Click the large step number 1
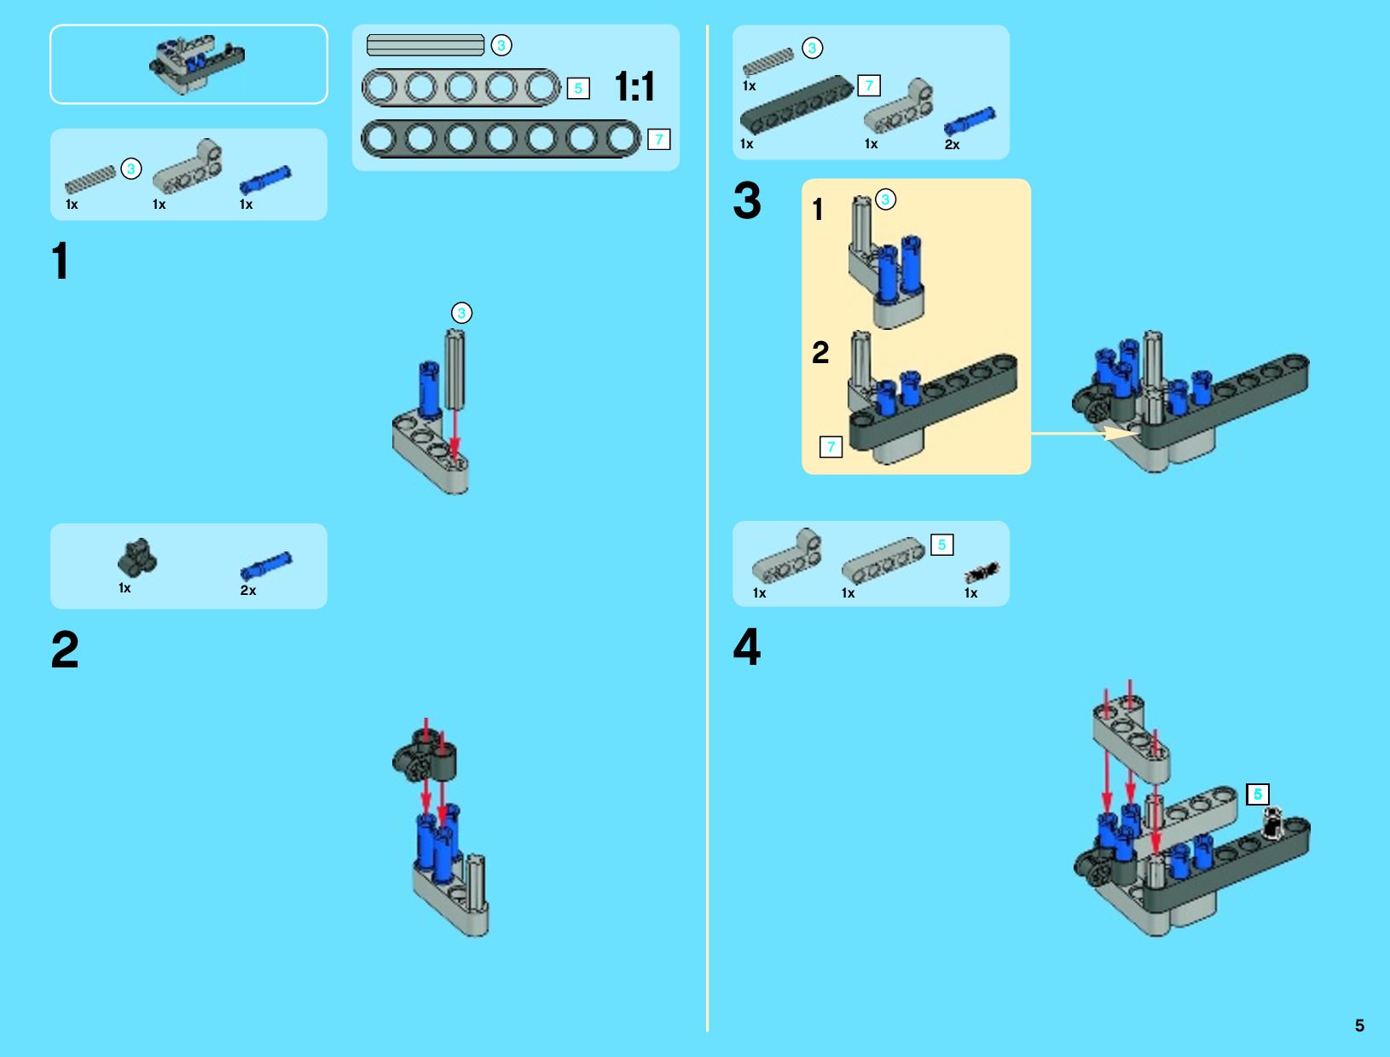click(x=61, y=260)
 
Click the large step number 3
click(x=747, y=200)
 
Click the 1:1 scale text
click(x=634, y=86)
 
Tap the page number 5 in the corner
click(x=1359, y=1025)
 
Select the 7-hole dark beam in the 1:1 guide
click(x=501, y=139)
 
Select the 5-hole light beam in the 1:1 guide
click(x=461, y=87)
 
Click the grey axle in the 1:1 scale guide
click(x=426, y=45)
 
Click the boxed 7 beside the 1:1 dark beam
click(x=658, y=139)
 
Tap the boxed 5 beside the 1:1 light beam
click(x=578, y=88)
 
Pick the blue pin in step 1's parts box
click(x=265, y=180)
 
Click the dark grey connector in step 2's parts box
click(x=137, y=557)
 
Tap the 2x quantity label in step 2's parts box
click(x=248, y=591)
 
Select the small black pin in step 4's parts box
click(x=982, y=572)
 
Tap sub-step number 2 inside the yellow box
click(x=820, y=352)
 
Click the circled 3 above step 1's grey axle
click(x=461, y=313)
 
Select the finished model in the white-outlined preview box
click(x=197, y=65)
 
